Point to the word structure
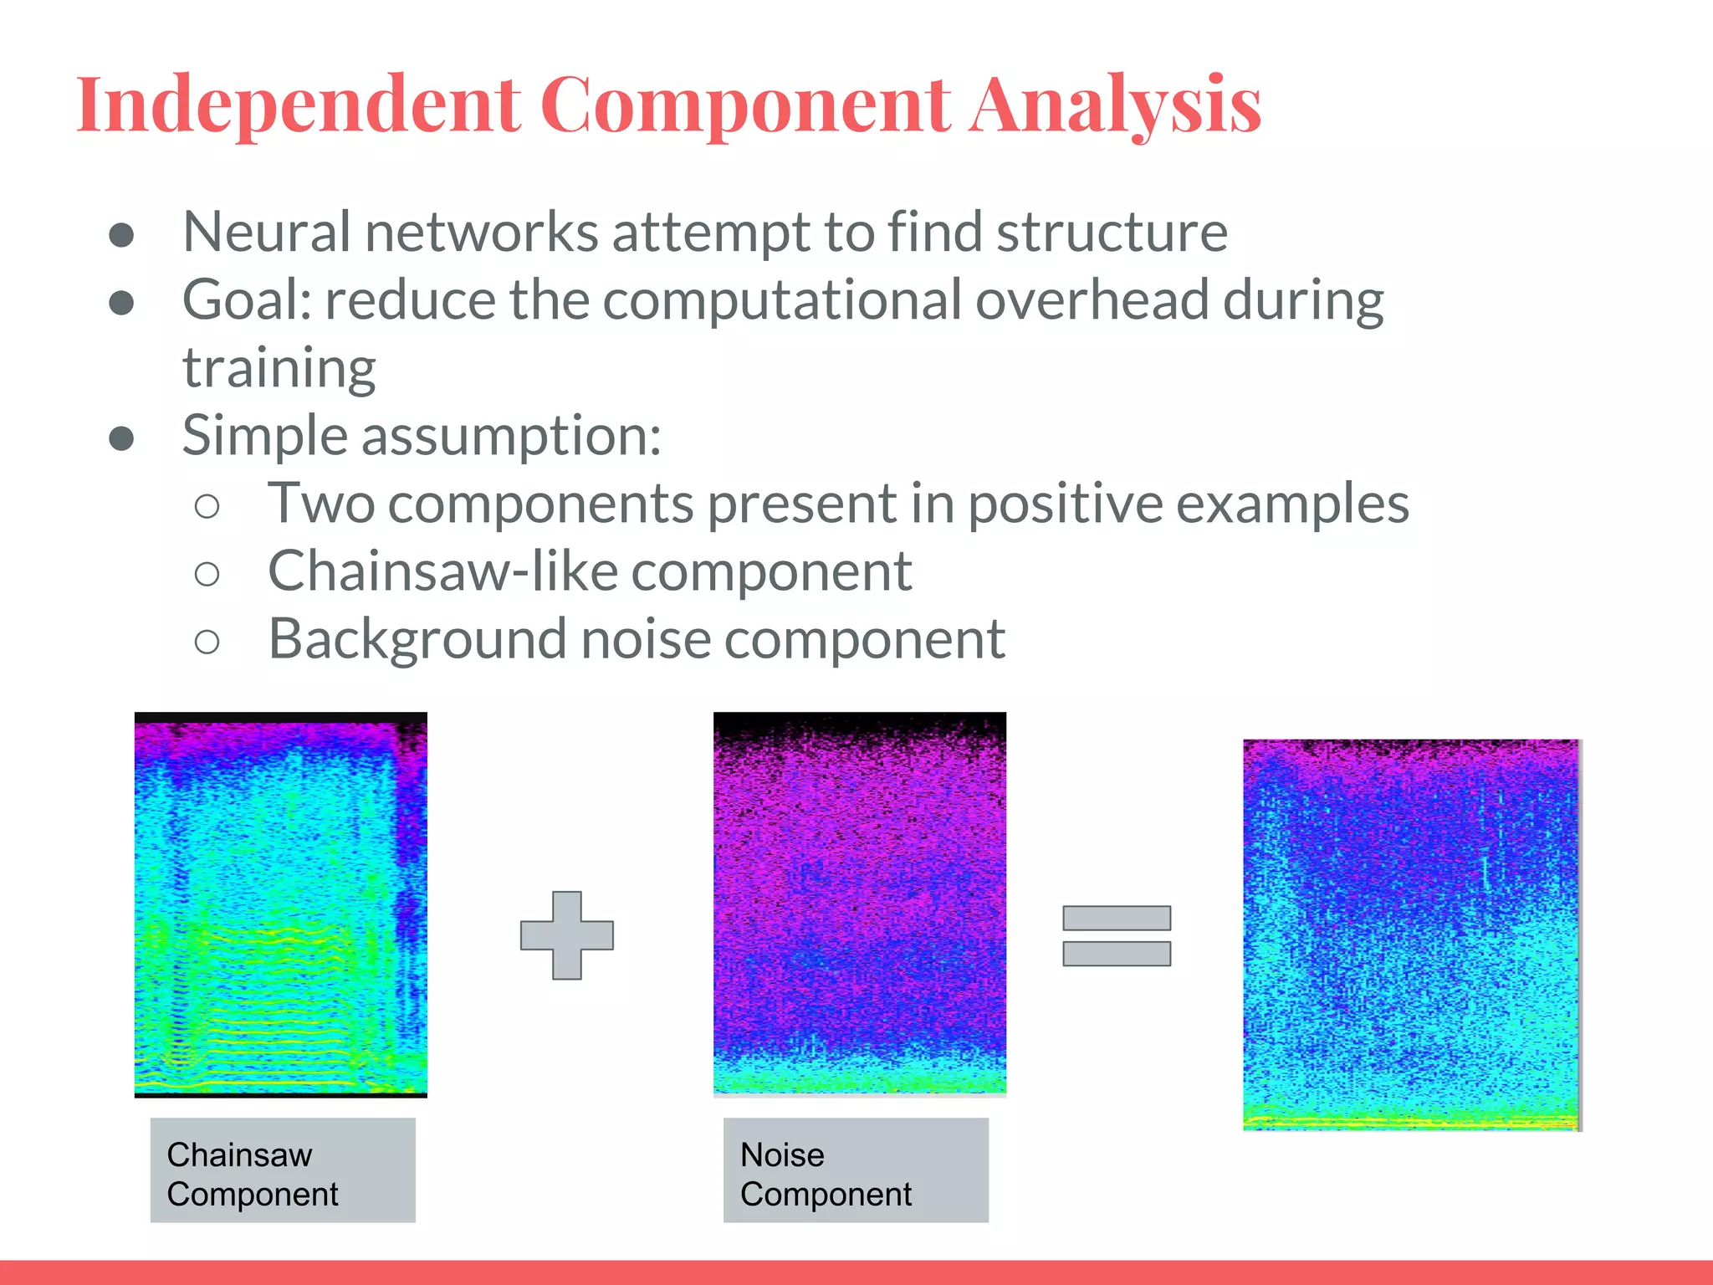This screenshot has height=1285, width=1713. pyautogui.click(x=1112, y=232)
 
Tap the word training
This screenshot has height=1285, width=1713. pyautogui.click(x=279, y=369)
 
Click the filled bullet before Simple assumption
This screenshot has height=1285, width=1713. pyautogui.click(x=122, y=438)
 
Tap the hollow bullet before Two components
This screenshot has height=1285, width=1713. pyautogui.click(x=207, y=506)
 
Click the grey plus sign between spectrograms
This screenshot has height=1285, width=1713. pyautogui.click(x=566, y=934)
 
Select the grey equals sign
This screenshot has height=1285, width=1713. pyautogui.click(x=1116, y=935)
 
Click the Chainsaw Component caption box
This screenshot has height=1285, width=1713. pyautogui.click(x=283, y=1170)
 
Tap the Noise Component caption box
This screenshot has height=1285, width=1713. pyautogui.click(x=855, y=1170)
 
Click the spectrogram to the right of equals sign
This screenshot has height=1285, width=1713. pyautogui.click(x=1411, y=934)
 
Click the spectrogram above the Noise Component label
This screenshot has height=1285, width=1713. pyautogui.click(x=859, y=903)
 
